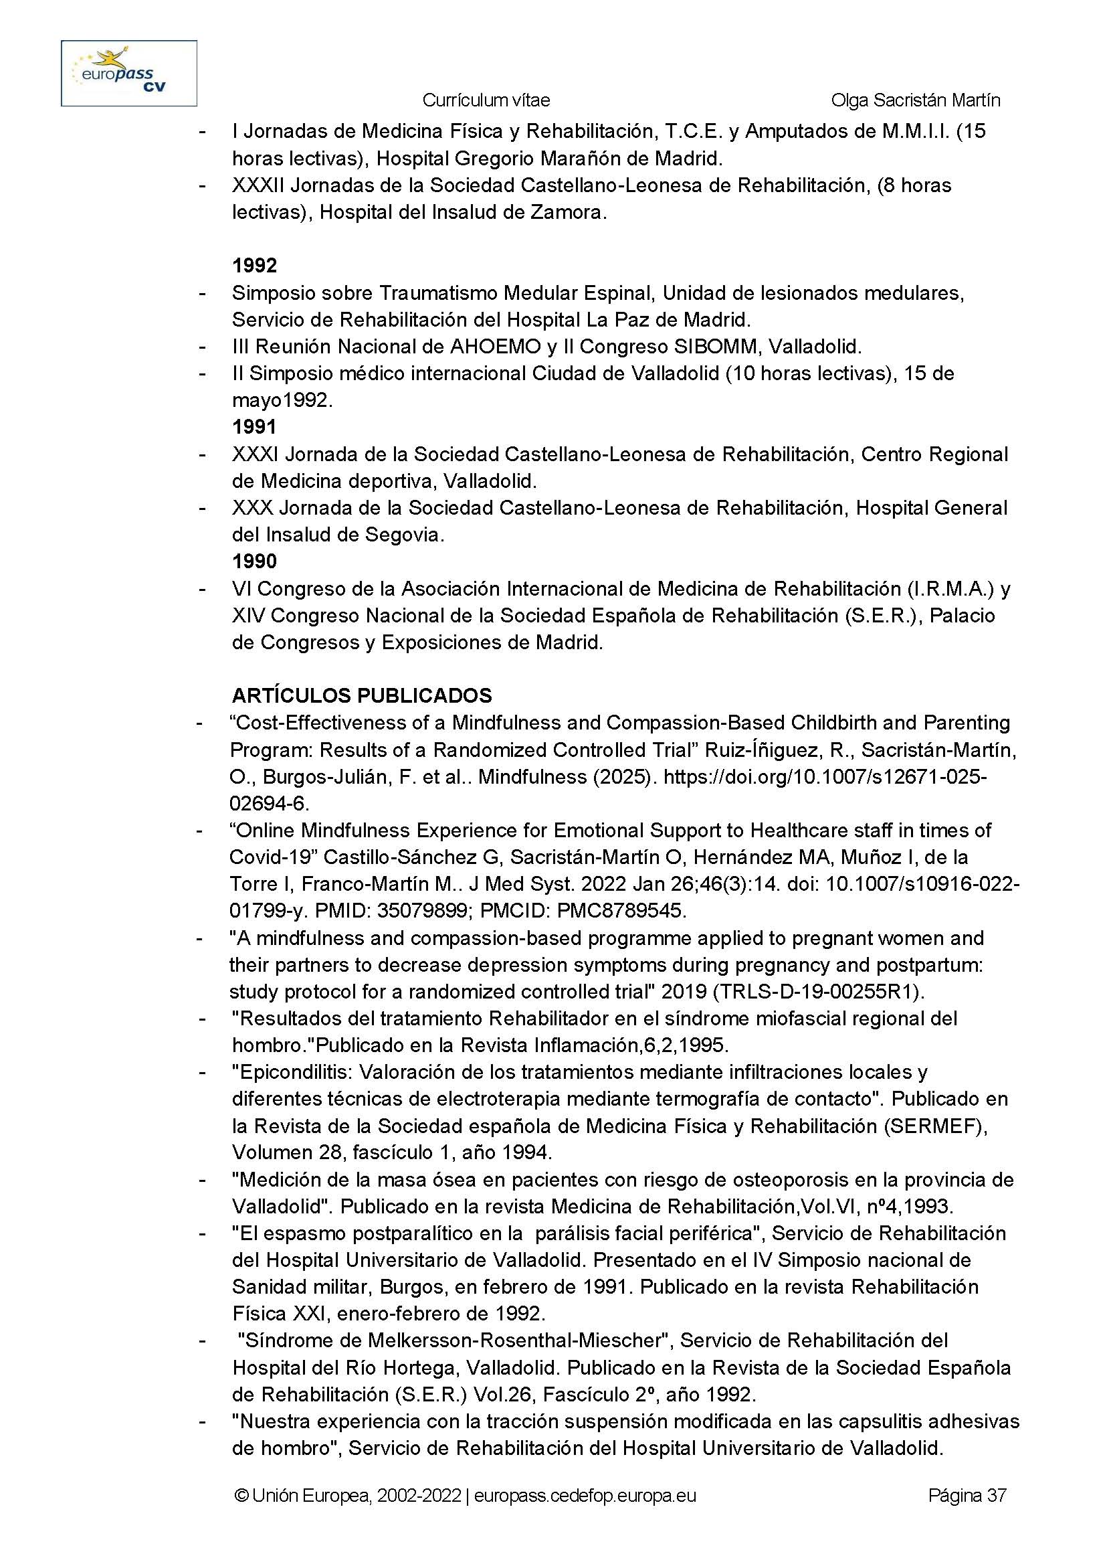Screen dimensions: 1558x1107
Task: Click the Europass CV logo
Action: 129,73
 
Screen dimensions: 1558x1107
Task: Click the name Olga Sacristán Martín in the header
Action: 916,100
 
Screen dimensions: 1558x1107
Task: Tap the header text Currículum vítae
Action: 486,100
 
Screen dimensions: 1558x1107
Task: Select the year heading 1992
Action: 254,266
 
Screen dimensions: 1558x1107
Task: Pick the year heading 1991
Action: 254,427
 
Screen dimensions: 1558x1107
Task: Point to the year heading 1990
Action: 254,561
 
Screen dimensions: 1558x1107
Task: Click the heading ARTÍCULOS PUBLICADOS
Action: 361,695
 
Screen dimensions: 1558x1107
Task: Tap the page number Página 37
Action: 967,1496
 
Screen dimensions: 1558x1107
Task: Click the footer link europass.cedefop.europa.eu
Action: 585,1496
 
